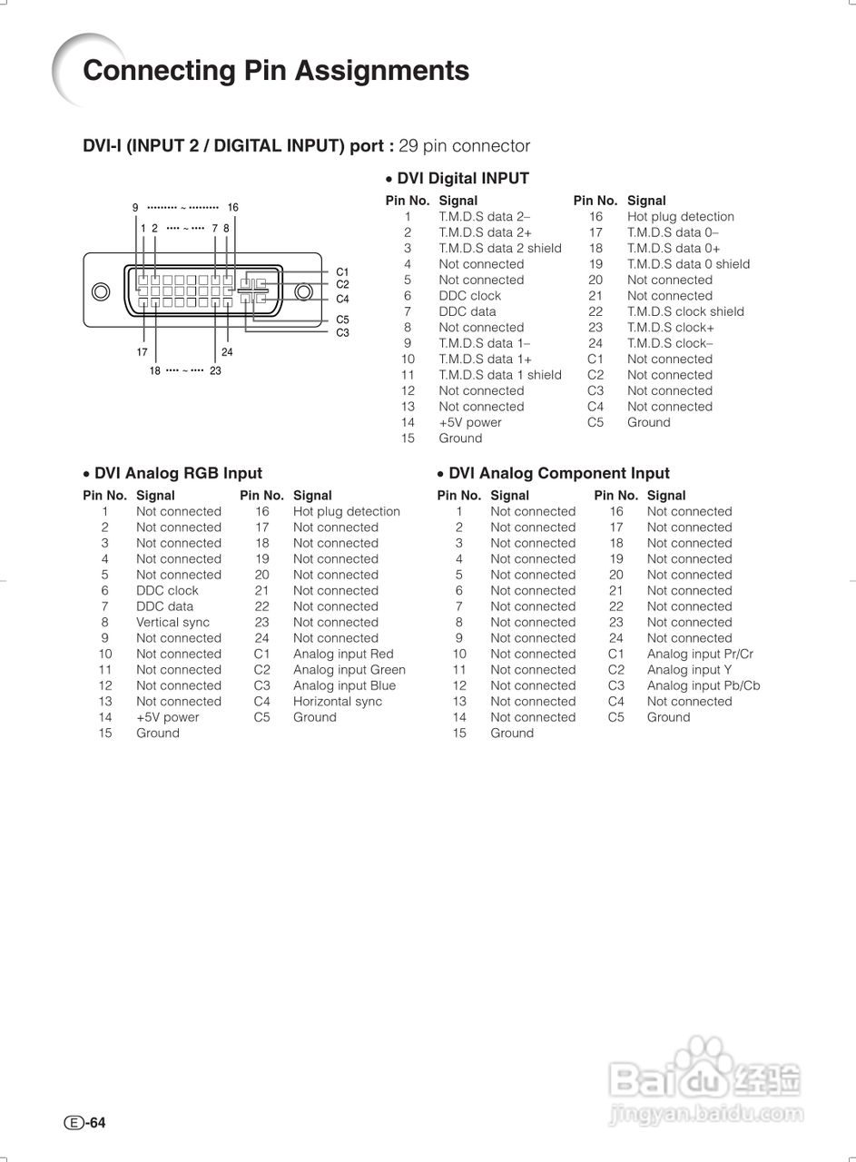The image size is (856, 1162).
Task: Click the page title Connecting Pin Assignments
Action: pos(276,71)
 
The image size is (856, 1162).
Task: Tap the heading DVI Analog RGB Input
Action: pos(178,473)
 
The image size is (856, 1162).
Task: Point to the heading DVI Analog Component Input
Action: pos(558,473)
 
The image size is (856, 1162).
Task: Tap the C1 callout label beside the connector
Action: pos(342,271)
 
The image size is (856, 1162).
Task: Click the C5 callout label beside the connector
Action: pos(342,320)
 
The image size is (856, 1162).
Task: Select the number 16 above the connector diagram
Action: pos(232,208)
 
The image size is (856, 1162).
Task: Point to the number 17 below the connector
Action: pos(143,352)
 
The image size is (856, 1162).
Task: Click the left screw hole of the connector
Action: pos(102,291)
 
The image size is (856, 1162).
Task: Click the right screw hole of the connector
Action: pos(303,291)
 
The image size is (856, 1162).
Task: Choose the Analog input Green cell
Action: pos(349,670)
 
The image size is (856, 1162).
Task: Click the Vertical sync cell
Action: pos(172,623)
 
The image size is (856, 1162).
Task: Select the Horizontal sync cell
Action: pos(337,702)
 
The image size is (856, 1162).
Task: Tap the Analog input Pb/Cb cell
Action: pos(703,686)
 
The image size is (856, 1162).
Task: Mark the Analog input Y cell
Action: pos(689,670)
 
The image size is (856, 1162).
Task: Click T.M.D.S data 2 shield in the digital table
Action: pos(499,249)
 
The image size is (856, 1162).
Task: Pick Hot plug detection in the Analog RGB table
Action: pos(346,512)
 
